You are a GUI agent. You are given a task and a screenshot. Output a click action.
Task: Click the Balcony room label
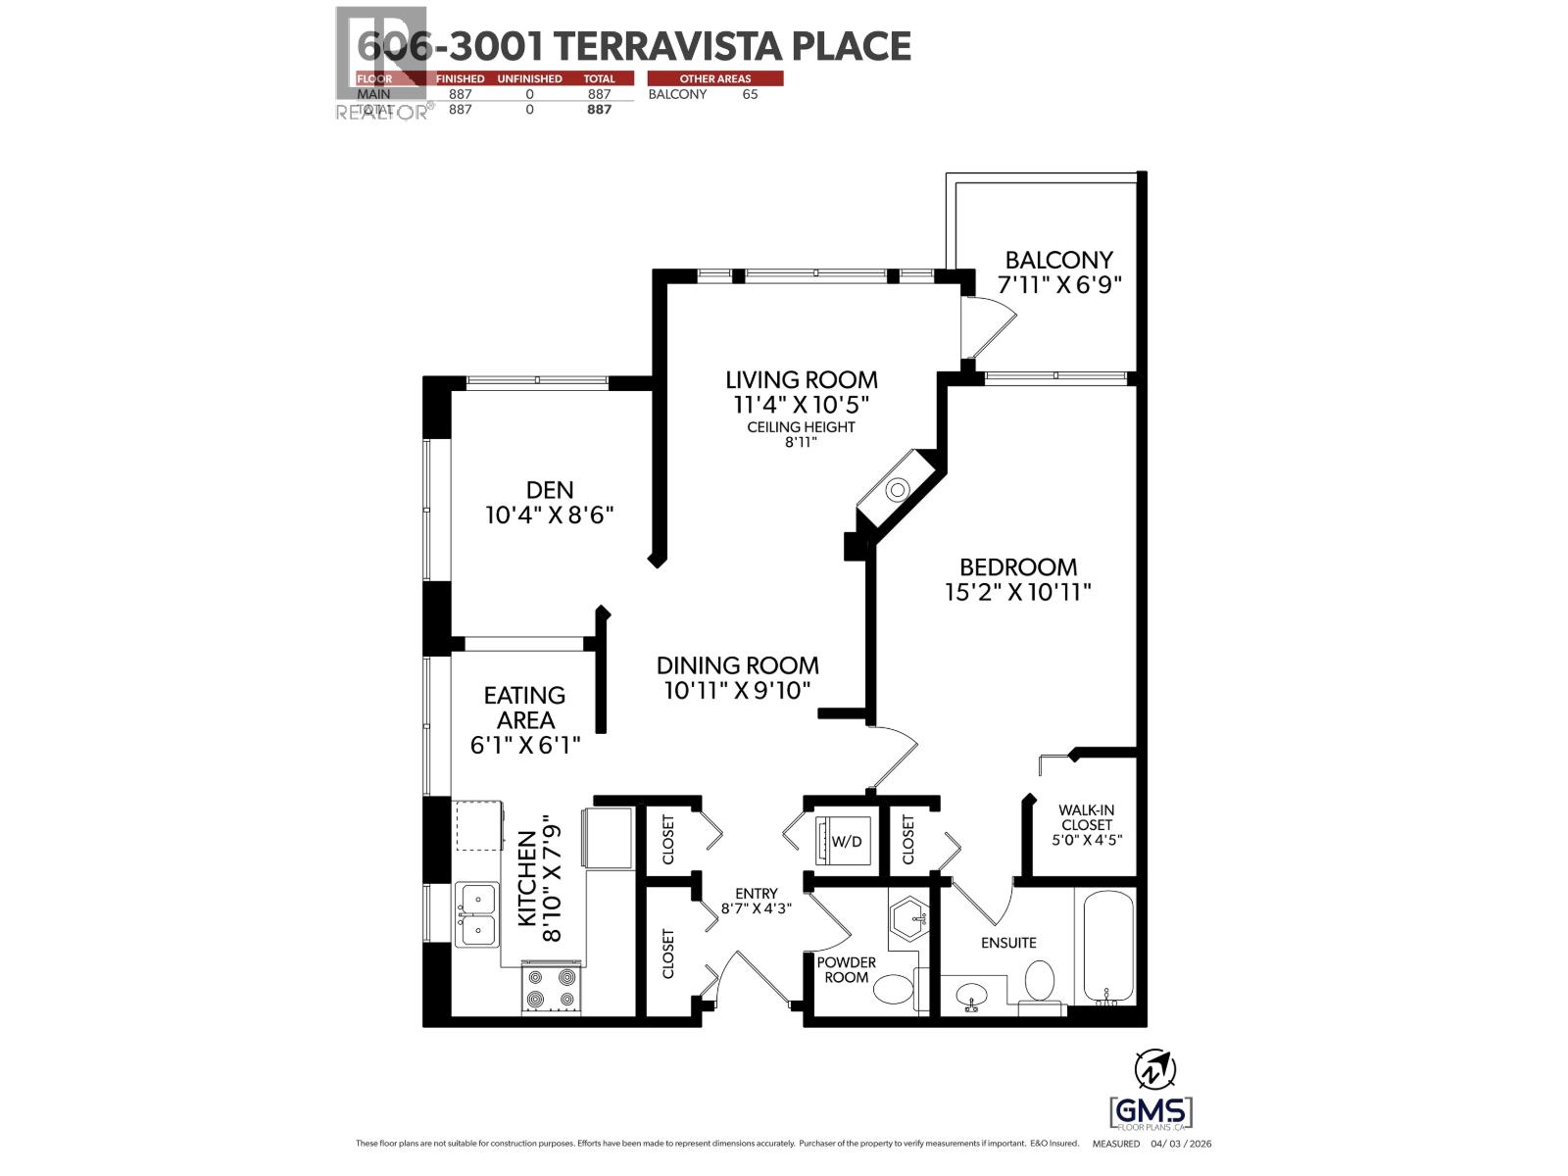click(x=1058, y=260)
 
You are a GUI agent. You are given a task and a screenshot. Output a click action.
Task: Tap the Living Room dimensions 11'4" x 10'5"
click(x=801, y=404)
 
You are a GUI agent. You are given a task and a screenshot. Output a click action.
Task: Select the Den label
click(x=549, y=489)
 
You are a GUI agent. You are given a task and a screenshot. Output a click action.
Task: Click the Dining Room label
click(x=737, y=665)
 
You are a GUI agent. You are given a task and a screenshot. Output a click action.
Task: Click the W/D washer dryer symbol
click(x=846, y=841)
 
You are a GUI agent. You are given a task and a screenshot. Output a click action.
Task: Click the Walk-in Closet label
click(x=1086, y=817)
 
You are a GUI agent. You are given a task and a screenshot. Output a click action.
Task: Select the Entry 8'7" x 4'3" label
click(x=756, y=900)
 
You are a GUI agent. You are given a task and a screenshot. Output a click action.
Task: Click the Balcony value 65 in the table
click(x=750, y=94)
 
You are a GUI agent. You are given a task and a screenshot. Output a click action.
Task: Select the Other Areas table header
click(x=715, y=78)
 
